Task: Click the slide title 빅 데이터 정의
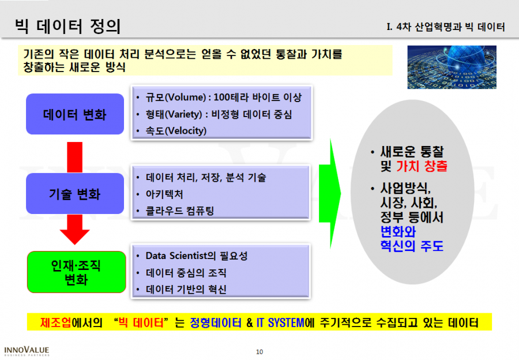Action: click(68, 26)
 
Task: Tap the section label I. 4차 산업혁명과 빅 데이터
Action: click(446, 27)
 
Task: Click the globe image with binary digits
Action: click(452, 67)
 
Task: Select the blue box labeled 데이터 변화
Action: click(75, 114)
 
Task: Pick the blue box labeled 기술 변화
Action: click(75, 193)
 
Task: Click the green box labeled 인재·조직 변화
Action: click(77, 272)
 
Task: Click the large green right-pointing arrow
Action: click(330, 194)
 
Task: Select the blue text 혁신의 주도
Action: click(412, 246)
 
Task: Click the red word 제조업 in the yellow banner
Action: click(55, 322)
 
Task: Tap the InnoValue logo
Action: click(27, 351)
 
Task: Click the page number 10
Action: click(259, 352)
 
